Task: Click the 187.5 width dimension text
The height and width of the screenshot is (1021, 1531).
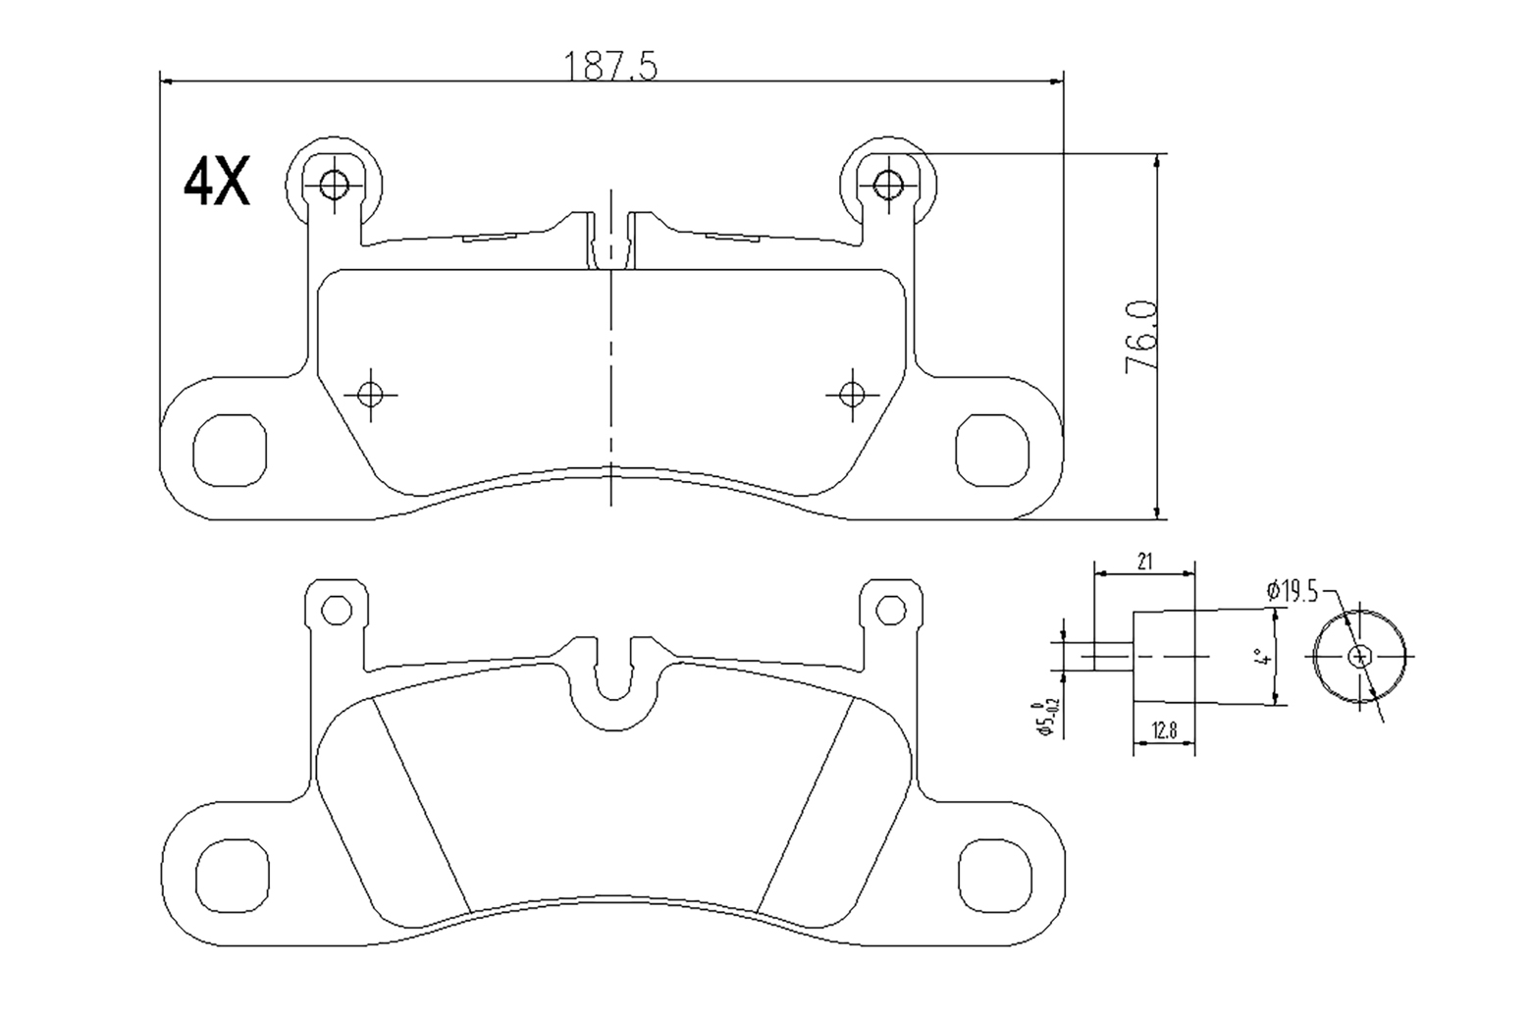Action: coord(610,67)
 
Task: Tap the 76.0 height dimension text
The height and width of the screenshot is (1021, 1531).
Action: coord(1141,337)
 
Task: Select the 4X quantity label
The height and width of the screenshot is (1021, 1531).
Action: coord(217,182)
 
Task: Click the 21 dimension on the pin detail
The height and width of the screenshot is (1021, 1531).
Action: coord(1144,562)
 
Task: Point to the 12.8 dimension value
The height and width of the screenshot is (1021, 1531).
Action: coord(1164,730)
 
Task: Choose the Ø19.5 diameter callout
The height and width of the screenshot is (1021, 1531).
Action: coord(1292,591)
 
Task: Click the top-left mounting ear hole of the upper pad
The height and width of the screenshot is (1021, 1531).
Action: coord(335,184)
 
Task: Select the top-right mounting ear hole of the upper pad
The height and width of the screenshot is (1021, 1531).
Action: coord(888,184)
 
